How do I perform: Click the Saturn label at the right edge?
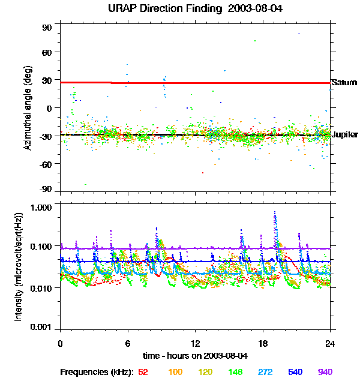point(344,82)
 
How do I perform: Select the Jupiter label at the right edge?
point(345,134)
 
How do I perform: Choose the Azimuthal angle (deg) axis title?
point(28,109)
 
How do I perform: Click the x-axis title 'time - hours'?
point(194,356)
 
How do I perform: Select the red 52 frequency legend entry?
point(143,372)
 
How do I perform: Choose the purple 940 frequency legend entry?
point(325,372)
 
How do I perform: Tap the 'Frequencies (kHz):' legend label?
point(96,372)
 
